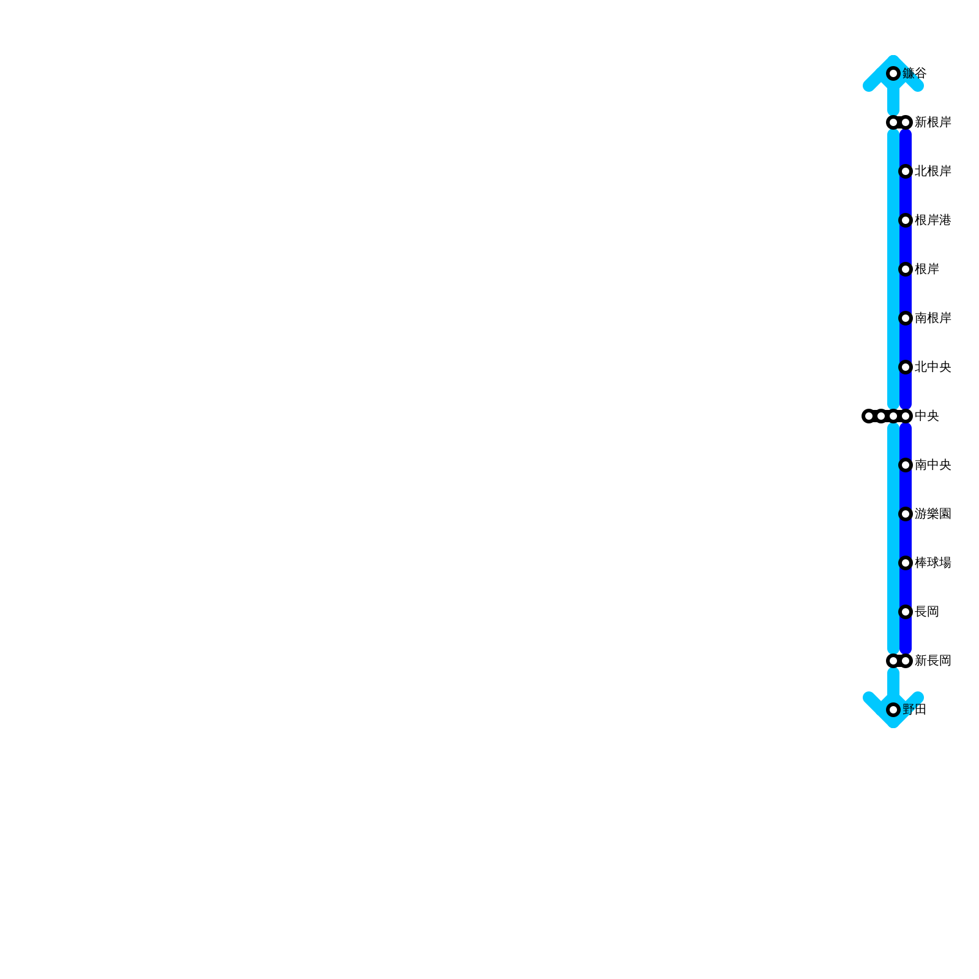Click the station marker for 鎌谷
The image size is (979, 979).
893,73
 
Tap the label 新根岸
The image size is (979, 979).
932,122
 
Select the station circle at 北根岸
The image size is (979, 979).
906,171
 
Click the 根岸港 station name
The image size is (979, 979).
932,220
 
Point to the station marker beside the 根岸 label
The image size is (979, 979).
906,269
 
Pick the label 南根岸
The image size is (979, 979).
932,318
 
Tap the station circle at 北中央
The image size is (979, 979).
906,367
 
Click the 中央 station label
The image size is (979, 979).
926,416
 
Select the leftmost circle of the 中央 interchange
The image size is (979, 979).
869,416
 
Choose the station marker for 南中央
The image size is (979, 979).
906,465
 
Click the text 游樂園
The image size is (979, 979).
932,514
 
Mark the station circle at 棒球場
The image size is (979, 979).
906,563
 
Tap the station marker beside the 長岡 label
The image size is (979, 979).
906,612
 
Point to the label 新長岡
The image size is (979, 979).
932,661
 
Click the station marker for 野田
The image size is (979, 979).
893,710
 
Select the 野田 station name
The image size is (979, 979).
914,710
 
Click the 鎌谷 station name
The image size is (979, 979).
914,73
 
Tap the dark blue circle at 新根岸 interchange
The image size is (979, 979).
906,122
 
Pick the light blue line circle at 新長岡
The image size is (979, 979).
893,661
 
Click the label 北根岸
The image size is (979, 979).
932,171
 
